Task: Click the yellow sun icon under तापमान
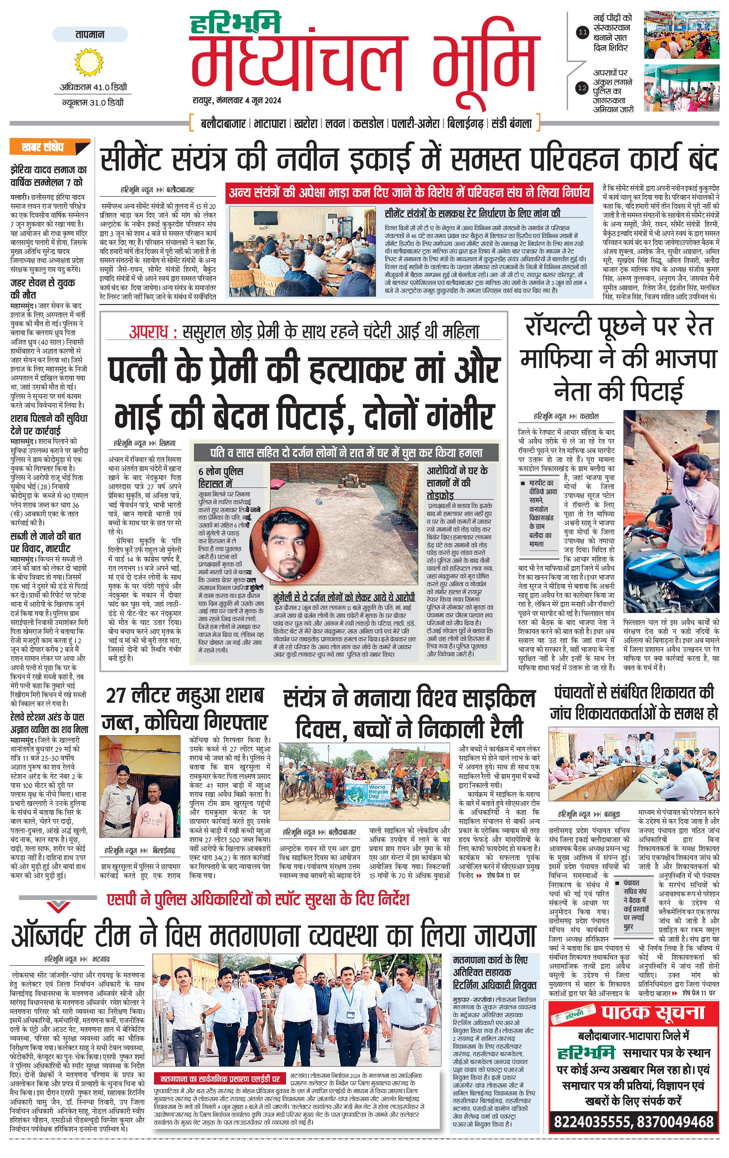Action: pos(89,62)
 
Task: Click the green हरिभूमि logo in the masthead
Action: pos(235,24)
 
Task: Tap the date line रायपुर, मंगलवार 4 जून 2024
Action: pos(237,100)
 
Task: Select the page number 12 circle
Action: pos(582,88)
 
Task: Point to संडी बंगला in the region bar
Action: pos(511,124)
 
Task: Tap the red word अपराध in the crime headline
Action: pos(149,332)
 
